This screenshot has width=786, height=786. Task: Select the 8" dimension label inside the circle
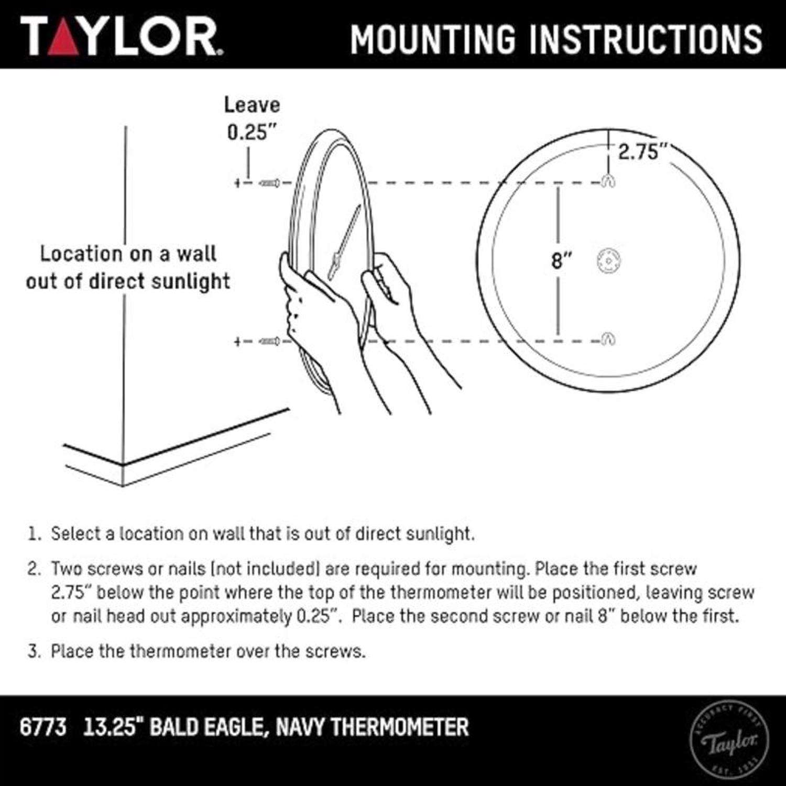(x=560, y=260)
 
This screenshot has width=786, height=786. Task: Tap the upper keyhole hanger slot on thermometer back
(x=608, y=181)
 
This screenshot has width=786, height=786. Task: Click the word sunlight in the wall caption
(x=190, y=281)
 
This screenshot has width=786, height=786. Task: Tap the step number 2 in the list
(x=34, y=569)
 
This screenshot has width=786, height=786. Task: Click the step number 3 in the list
(x=34, y=651)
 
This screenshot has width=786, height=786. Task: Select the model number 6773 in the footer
(x=43, y=727)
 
